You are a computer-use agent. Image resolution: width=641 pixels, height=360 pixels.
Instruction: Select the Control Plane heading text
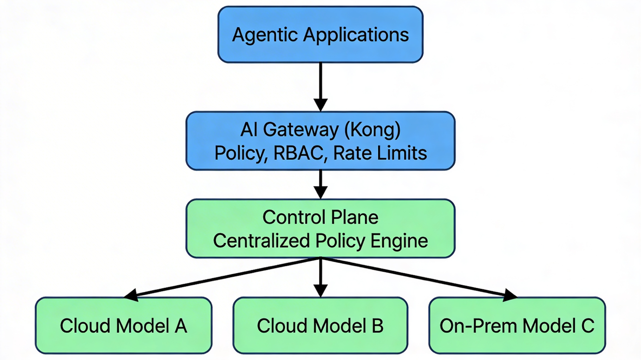tap(320, 217)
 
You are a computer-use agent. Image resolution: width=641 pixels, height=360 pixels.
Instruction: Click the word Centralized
tap(262, 241)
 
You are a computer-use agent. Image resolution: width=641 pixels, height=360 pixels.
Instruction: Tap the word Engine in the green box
tap(402, 241)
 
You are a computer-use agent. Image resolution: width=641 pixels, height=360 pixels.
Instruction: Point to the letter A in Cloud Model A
tap(181, 326)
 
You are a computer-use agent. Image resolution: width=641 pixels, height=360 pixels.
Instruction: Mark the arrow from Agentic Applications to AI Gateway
tap(320, 86)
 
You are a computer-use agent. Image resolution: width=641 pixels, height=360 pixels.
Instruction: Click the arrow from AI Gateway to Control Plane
tap(320, 183)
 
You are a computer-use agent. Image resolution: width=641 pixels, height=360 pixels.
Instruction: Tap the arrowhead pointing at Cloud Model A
tap(130, 294)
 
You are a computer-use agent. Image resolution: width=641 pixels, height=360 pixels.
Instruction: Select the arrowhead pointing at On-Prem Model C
tap(510, 294)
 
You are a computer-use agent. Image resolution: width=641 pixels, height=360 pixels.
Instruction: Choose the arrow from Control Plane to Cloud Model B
tap(320, 277)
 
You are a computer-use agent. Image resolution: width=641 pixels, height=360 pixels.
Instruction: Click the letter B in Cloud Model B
tap(377, 326)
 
